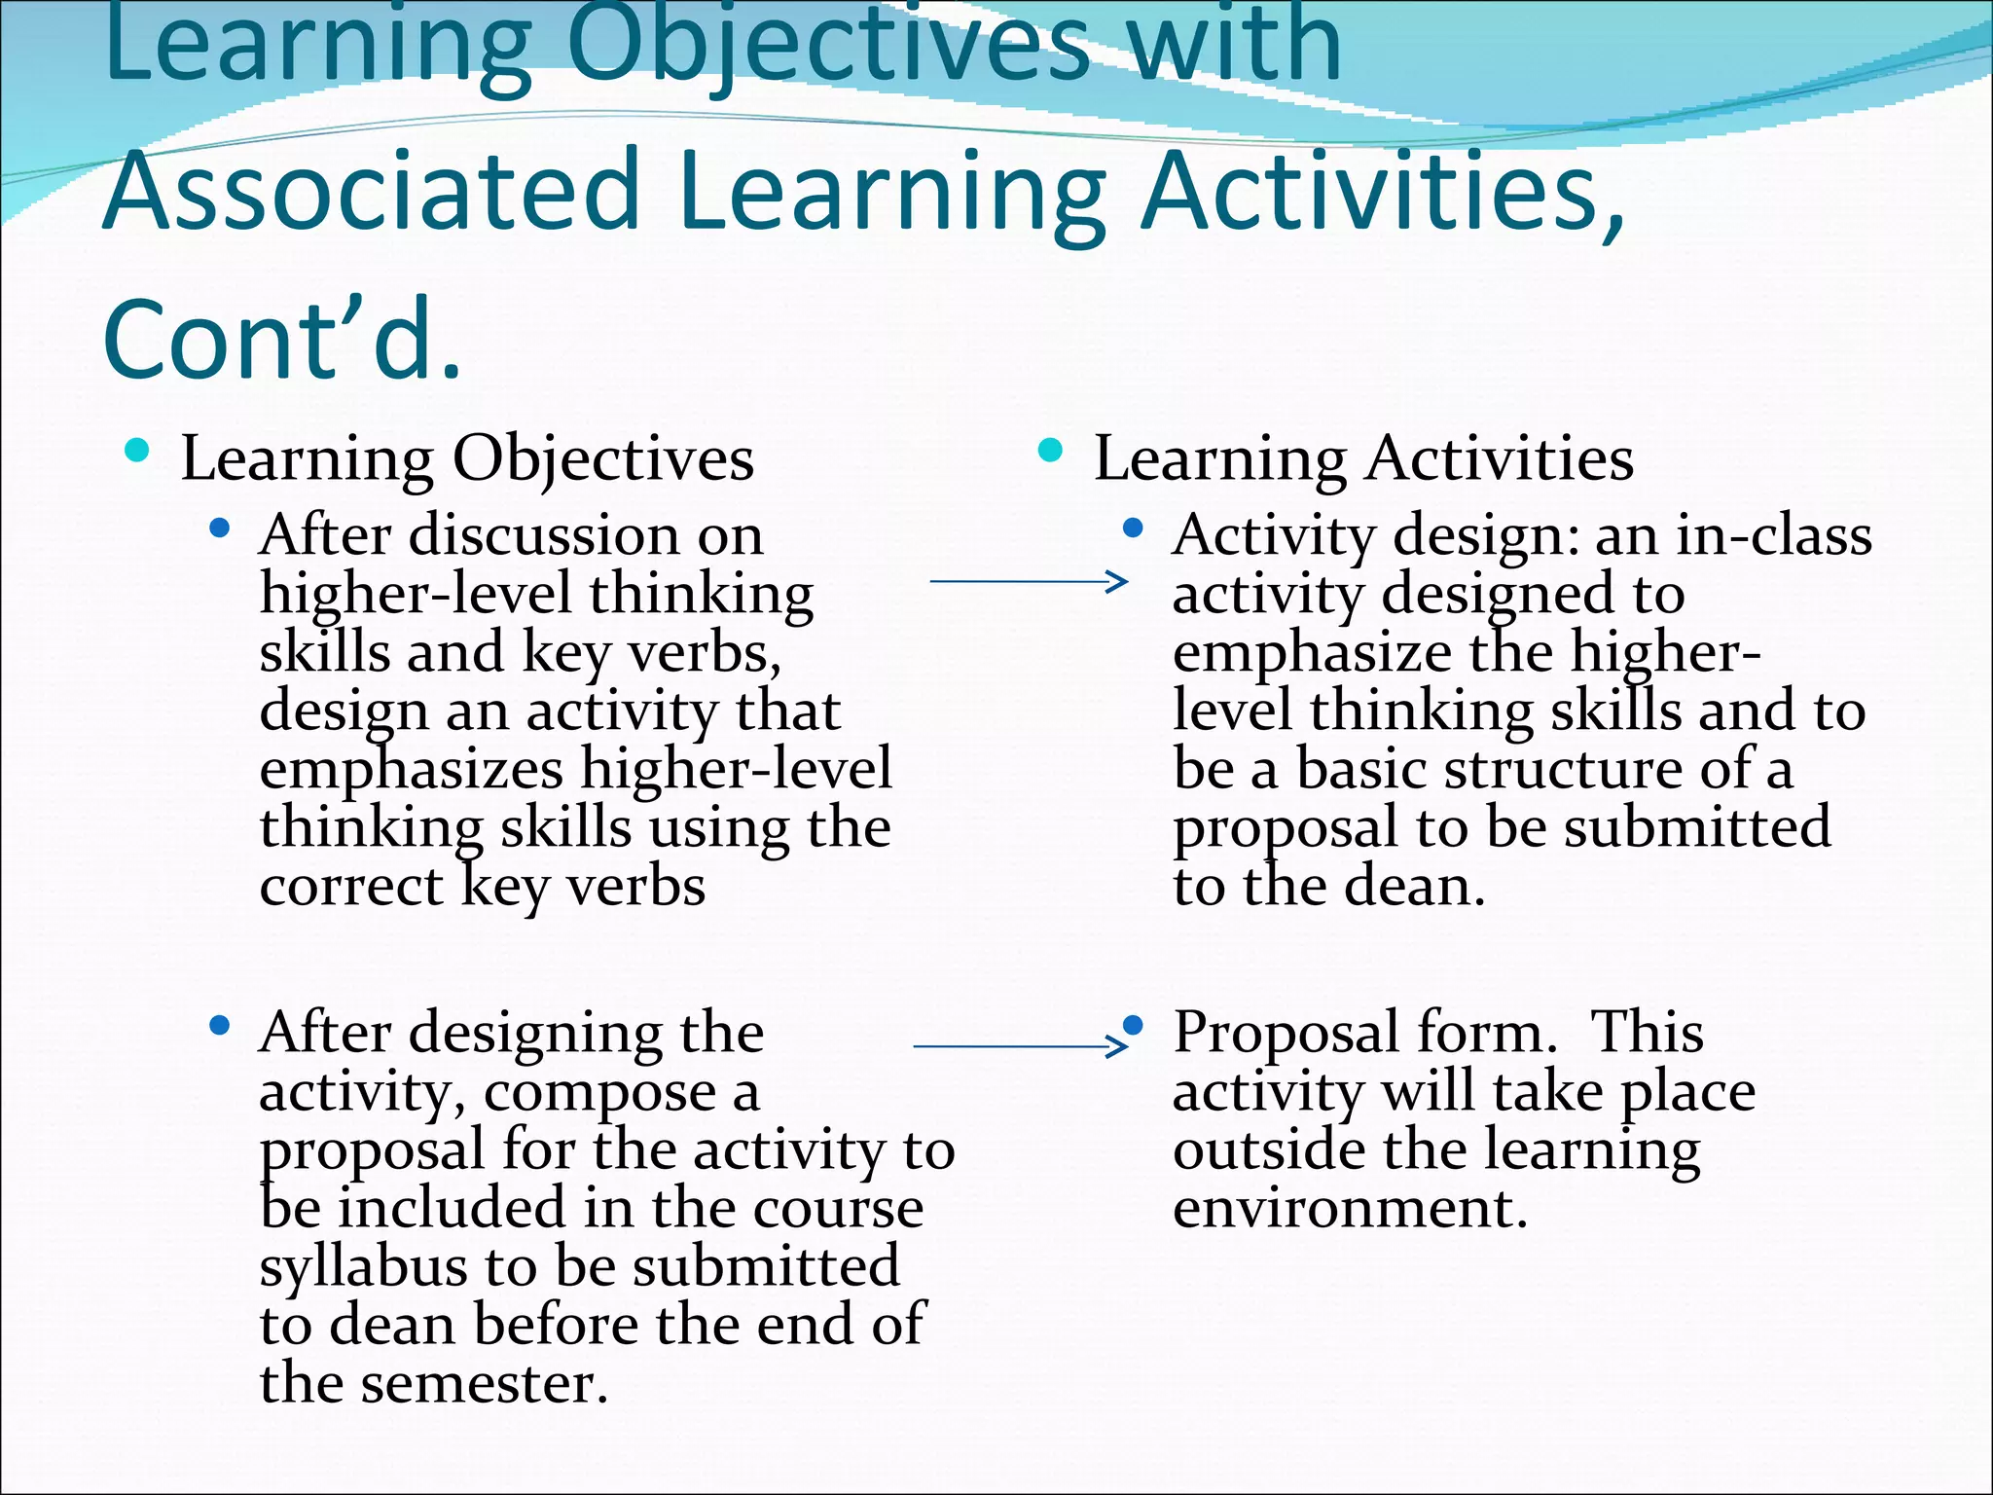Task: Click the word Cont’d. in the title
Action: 281,339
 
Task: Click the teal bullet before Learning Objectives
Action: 137,451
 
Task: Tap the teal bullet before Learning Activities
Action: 1050,451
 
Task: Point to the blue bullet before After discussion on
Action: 220,529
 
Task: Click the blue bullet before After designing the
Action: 220,1026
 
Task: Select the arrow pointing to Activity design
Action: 1029,582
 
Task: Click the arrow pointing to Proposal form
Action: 1021,1046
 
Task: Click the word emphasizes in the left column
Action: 412,769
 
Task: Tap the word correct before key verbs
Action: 351,887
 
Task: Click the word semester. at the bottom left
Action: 484,1384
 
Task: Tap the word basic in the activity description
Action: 1360,769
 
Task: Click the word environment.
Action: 1350,1208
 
